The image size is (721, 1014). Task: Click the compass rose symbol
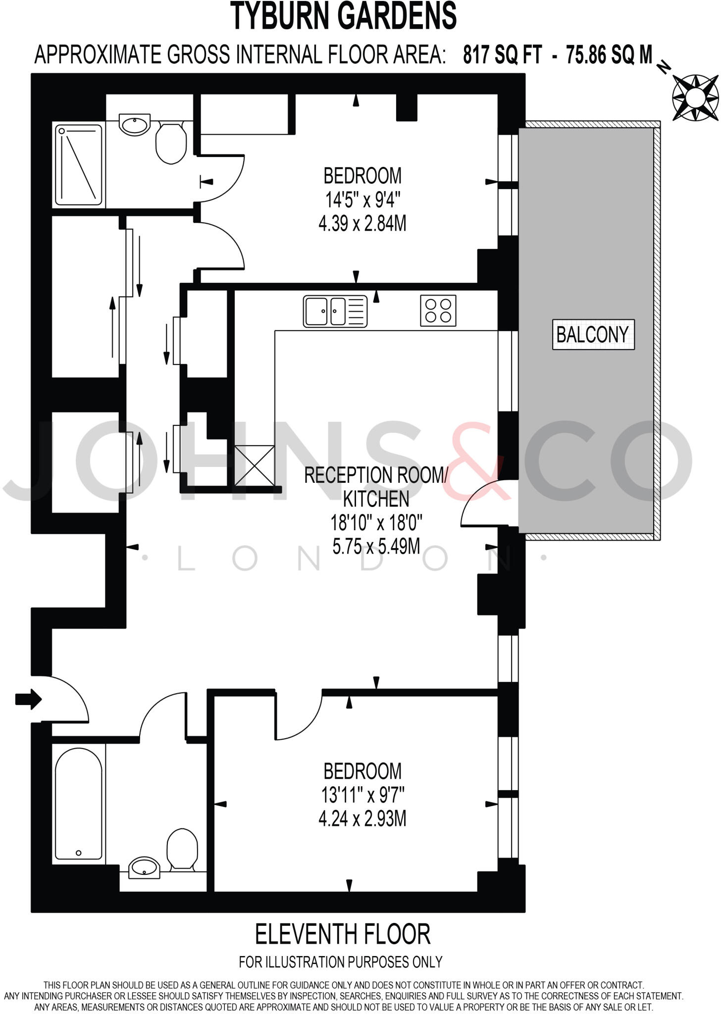[695, 98]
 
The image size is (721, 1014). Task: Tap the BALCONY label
[593, 335]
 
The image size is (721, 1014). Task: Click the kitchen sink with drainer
[335, 311]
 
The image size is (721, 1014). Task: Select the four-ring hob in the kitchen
[438, 311]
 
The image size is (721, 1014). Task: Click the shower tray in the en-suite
[79, 165]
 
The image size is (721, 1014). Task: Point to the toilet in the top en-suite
[171, 144]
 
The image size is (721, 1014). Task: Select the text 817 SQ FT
[503, 54]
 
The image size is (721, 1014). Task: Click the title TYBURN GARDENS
[344, 16]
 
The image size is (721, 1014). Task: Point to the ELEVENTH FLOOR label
[343, 934]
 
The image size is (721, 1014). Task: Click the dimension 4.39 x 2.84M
[362, 224]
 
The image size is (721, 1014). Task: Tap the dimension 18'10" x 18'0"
[376, 522]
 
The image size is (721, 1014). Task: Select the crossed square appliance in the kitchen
[254, 465]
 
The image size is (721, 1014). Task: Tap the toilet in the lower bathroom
[182, 849]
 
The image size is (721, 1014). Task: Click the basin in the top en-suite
[134, 124]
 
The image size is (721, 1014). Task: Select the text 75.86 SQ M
[609, 54]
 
